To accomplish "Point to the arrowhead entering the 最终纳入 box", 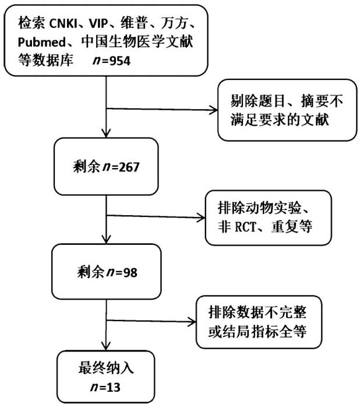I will click(105, 346).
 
